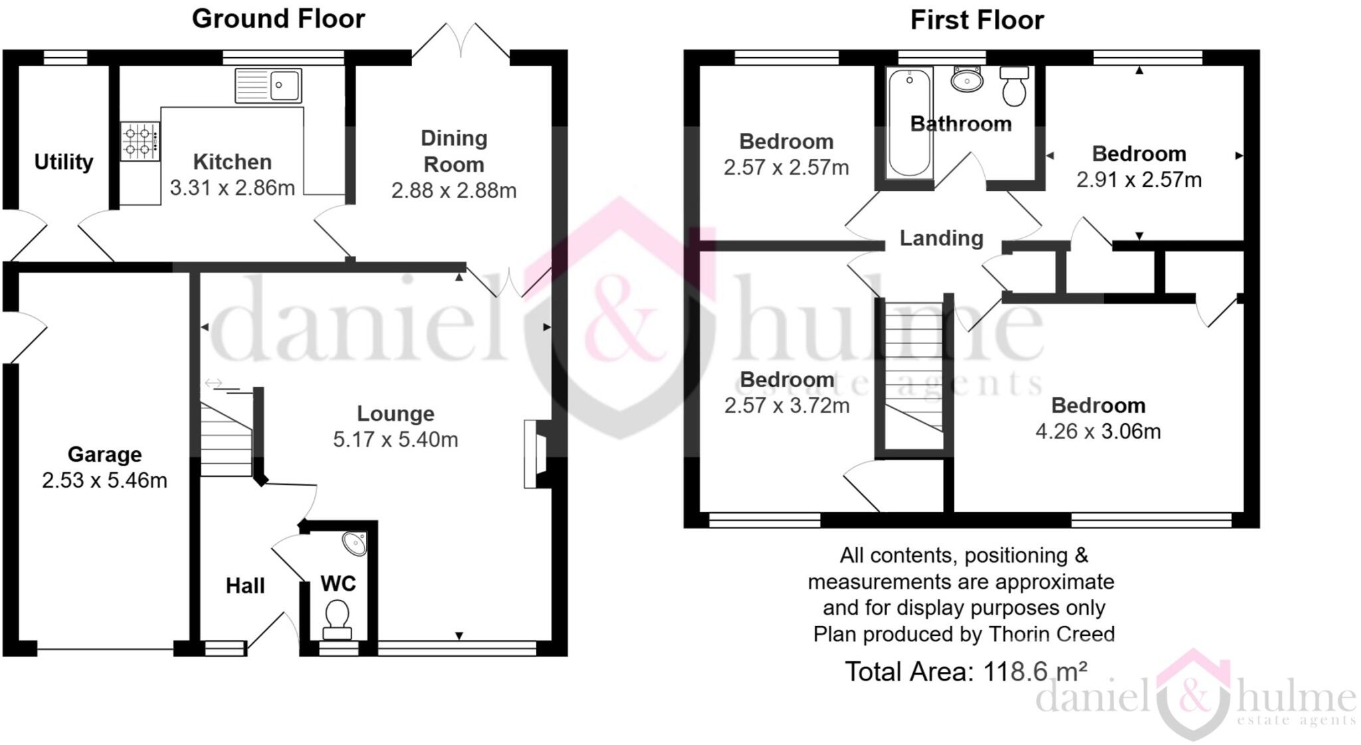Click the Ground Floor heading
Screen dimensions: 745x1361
pos(278,19)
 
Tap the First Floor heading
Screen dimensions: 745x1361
pos(976,20)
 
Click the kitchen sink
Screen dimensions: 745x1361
pos(268,85)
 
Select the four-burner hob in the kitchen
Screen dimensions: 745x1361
pos(140,141)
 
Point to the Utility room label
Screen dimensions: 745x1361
pos(64,162)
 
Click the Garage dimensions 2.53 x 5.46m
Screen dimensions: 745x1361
pos(104,480)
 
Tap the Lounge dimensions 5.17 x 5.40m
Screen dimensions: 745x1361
pos(395,440)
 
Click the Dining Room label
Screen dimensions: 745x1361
pos(454,152)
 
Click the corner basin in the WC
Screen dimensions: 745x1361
pos(356,543)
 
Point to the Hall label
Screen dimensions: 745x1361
pos(245,586)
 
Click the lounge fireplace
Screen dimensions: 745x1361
pos(536,454)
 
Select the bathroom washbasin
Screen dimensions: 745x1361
pos(967,80)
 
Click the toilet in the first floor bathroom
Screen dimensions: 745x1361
pos(1014,86)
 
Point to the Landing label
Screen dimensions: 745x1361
pos(941,238)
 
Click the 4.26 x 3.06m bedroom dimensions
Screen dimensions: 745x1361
pos(1098,432)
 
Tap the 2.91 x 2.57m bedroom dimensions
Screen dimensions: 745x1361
pos(1139,180)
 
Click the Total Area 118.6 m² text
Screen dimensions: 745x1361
pos(966,672)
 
